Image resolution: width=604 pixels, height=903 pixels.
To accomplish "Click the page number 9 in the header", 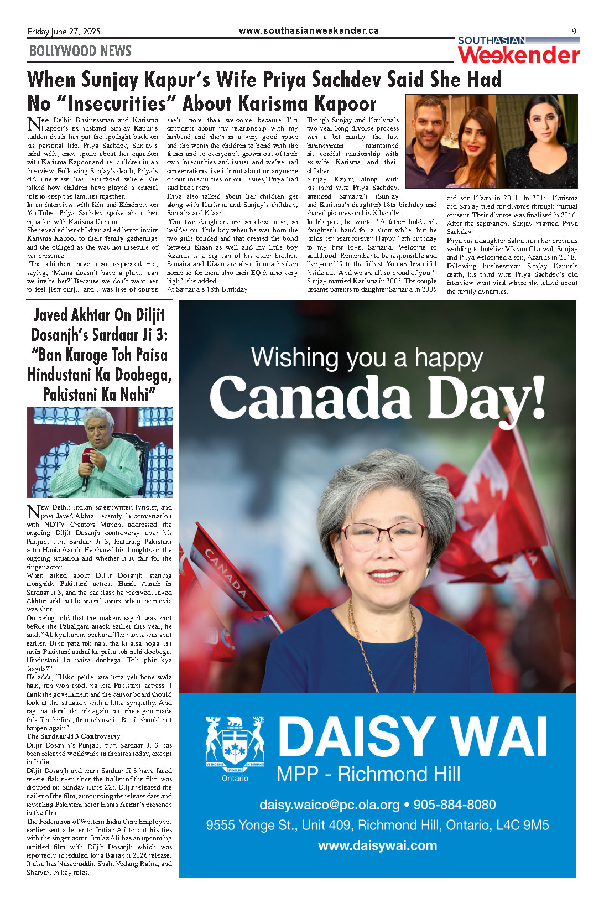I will coord(574,32).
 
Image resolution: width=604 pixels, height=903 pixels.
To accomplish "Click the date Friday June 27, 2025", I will coord(64,32).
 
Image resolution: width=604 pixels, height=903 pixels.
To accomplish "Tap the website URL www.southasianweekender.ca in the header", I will coord(309,31).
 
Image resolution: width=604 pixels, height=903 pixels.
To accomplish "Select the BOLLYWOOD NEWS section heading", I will coord(80,51).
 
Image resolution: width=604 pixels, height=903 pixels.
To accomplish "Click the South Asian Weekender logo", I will coord(518,51).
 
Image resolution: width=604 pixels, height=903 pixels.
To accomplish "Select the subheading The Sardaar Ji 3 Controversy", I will coord(73,736).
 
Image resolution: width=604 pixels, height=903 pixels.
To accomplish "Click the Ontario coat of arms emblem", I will coord(235,743).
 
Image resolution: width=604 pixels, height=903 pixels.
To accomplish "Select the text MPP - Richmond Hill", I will coord(368,774).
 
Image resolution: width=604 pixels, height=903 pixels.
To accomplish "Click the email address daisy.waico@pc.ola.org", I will coord(329,805).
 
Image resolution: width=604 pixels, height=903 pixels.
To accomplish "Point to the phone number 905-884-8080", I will coord(455,805).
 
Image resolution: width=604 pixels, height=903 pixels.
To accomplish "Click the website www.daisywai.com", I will coord(377,845).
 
